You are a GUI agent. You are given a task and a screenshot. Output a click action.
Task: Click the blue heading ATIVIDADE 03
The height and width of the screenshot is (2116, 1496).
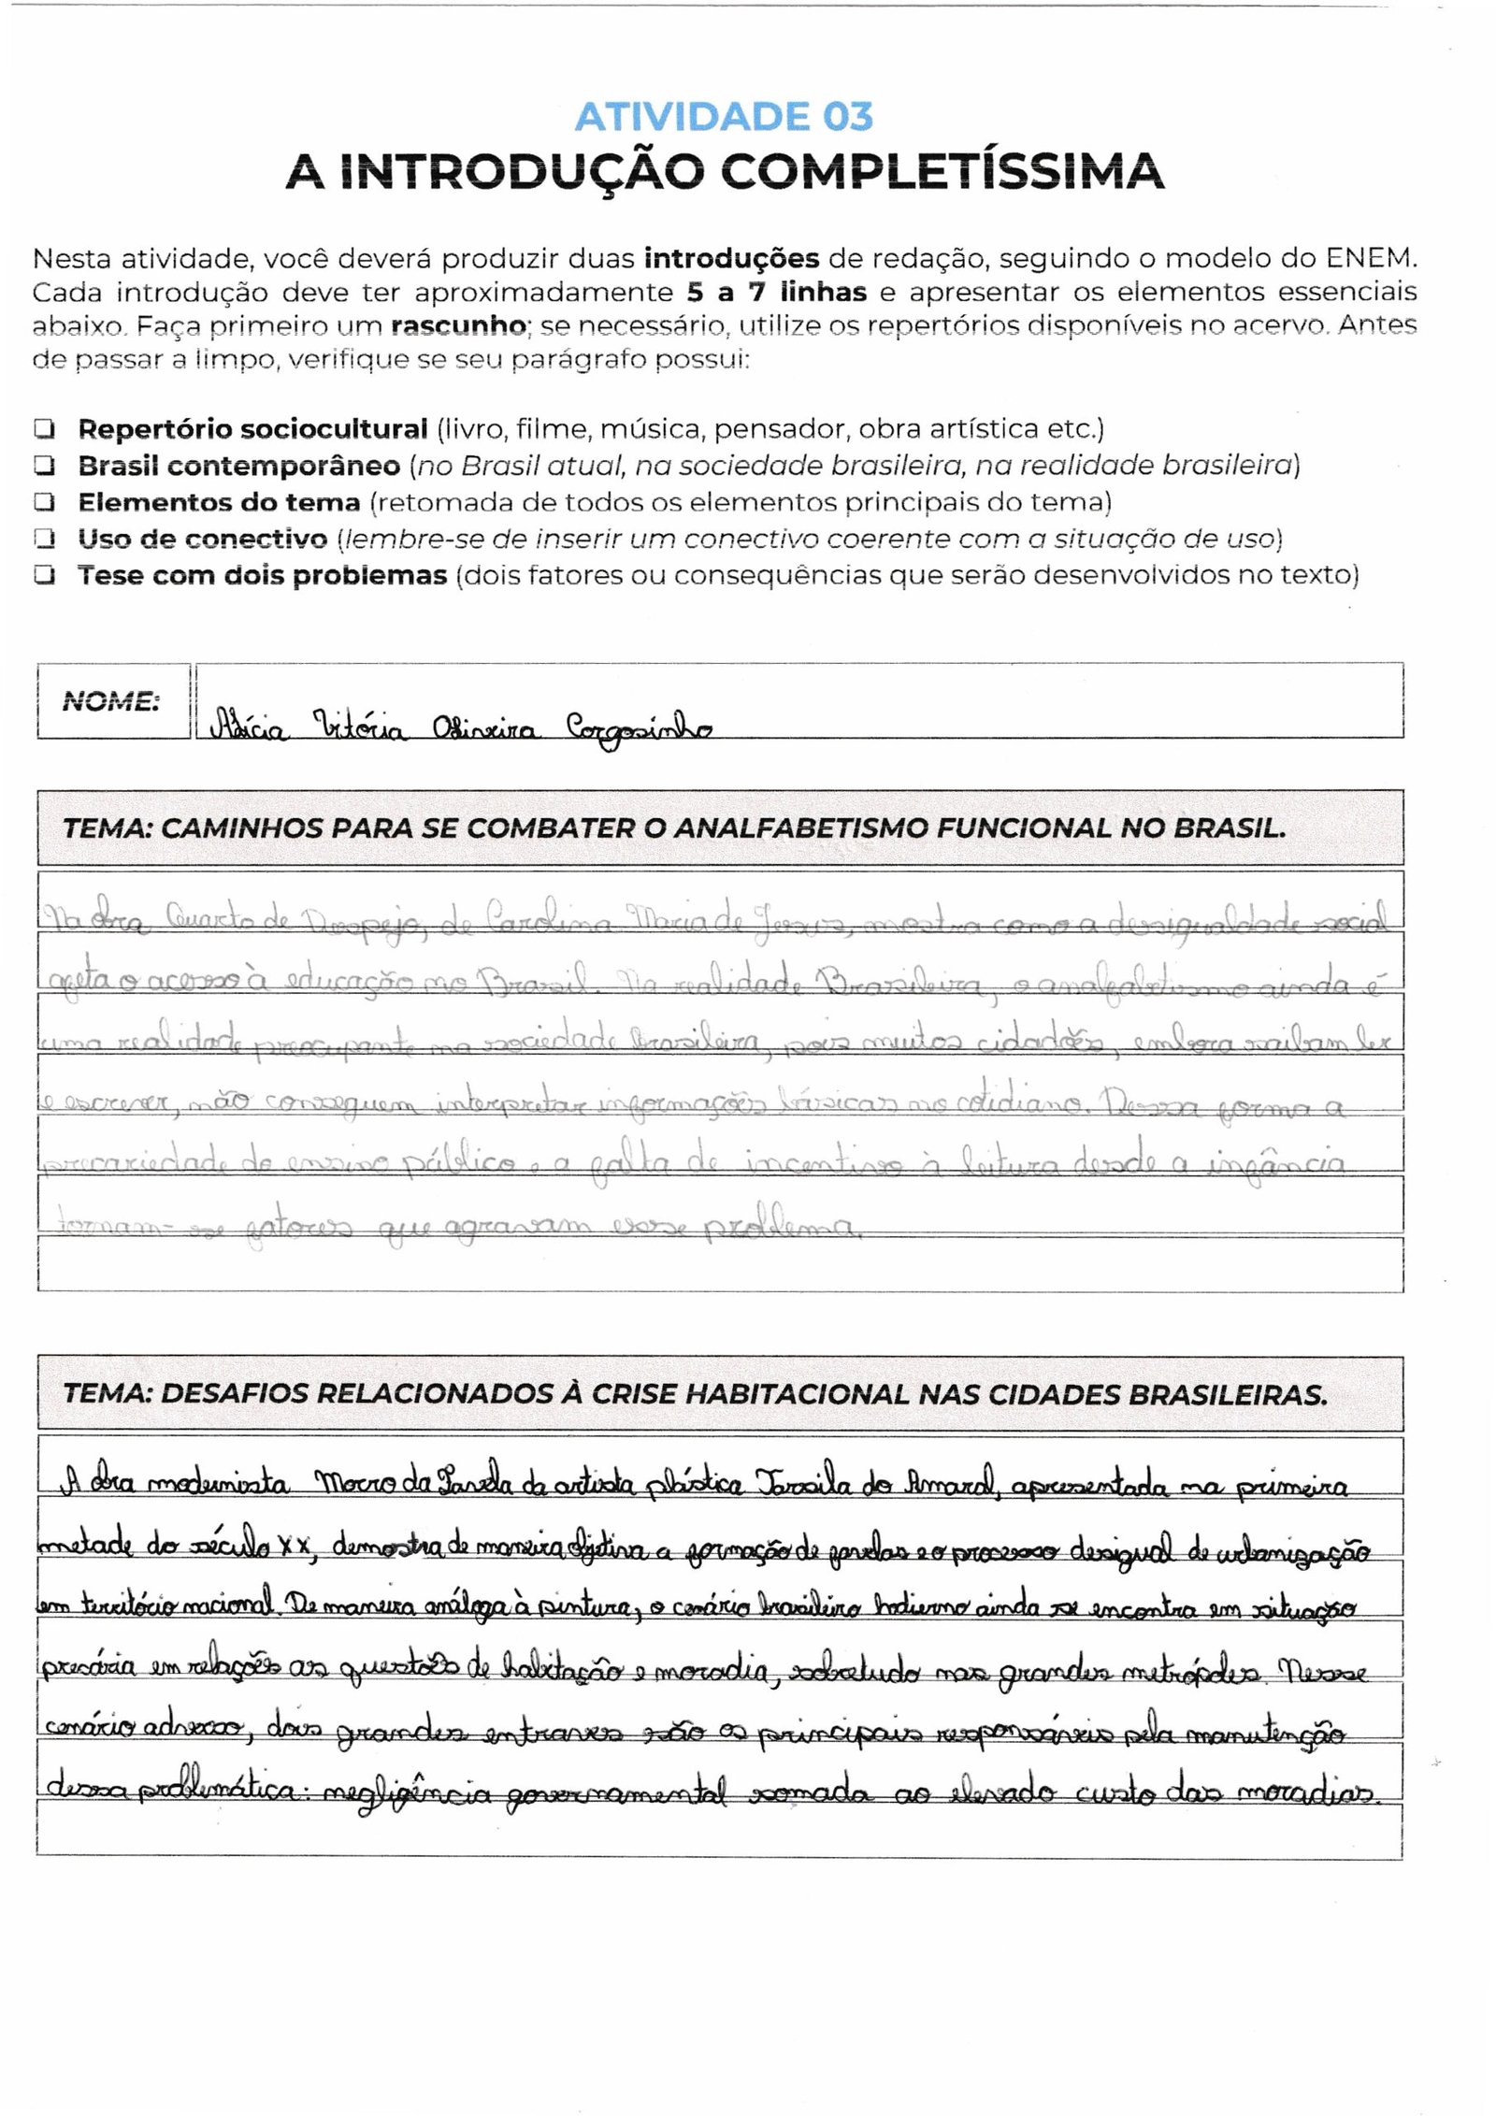tap(724, 117)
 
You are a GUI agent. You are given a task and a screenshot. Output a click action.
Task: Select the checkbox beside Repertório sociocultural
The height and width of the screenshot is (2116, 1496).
tap(43, 429)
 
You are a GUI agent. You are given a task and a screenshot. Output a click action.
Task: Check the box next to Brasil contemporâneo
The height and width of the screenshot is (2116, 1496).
tap(43, 466)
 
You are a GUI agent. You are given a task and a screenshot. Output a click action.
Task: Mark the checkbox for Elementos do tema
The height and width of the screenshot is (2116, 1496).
tap(43, 503)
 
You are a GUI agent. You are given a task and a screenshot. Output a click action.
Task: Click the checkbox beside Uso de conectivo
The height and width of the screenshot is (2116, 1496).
tap(43, 540)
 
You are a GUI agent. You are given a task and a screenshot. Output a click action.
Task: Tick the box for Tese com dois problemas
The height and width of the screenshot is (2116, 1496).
tap(43, 576)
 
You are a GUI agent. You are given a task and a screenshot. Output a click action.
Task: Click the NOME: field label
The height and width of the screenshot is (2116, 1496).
tap(110, 701)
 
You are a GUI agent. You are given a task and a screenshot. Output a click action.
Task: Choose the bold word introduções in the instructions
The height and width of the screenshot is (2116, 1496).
tap(732, 258)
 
